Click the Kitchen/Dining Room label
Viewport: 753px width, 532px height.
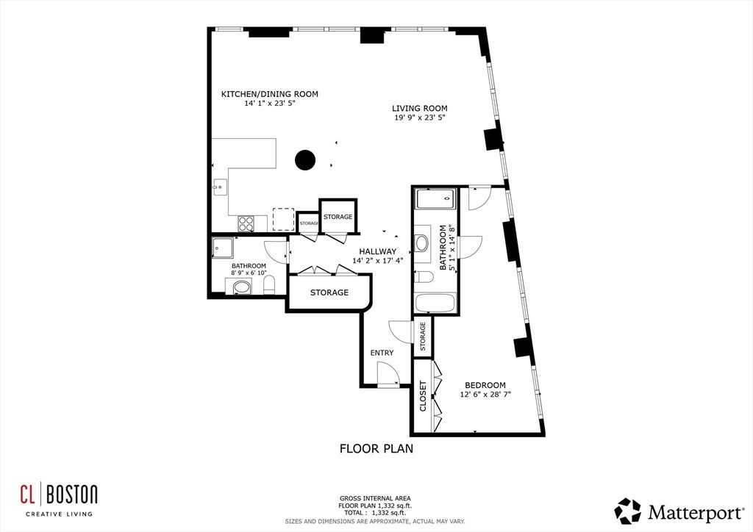coord(269,94)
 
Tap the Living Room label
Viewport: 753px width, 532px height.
coord(420,109)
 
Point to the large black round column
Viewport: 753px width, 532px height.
coord(305,160)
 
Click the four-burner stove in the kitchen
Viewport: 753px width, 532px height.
coord(246,223)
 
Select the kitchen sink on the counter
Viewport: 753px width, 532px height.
coord(221,187)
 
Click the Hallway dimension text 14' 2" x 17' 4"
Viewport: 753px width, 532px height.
coord(378,261)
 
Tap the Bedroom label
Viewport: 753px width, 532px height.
coord(485,385)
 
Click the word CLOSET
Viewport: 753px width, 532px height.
coord(423,396)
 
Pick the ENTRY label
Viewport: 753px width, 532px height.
coord(382,353)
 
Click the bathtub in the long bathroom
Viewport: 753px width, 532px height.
coord(435,303)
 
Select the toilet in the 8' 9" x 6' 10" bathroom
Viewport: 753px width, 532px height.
coord(269,284)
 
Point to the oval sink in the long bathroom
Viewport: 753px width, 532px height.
coord(422,243)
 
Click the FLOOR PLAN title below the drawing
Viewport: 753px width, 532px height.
coord(376,449)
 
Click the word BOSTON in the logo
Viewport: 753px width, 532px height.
coord(72,495)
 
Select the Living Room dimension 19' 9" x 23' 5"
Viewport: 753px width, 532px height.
coord(420,118)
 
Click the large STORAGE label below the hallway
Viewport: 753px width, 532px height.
coord(329,292)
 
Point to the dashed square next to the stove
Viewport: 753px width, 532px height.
coord(283,219)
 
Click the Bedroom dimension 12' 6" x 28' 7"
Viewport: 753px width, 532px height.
coord(485,395)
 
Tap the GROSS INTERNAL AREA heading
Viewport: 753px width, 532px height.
coord(375,498)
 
